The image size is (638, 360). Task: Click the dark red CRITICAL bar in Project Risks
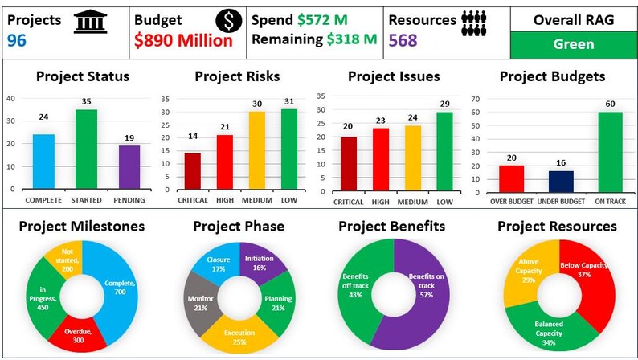193,170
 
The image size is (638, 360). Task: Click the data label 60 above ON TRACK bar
609,103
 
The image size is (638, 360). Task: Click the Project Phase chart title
238,226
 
